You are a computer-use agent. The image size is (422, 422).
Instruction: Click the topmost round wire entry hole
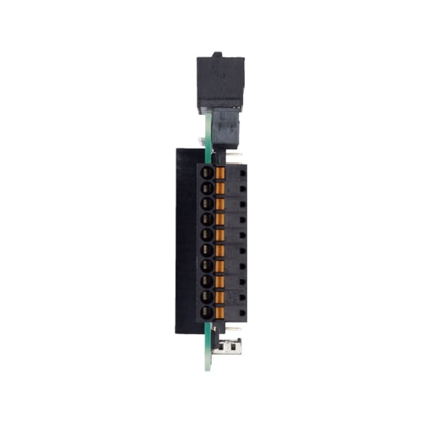pyautogui.click(x=207, y=171)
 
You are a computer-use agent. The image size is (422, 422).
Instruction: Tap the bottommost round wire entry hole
pyautogui.click(x=207, y=312)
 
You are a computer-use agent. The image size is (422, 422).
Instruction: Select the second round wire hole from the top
pyautogui.click(x=207, y=187)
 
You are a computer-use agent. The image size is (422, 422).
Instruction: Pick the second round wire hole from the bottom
pyautogui.click(x=207, y=297)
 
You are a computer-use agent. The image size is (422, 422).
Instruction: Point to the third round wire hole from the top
pyautogui.click(x=207, y=203)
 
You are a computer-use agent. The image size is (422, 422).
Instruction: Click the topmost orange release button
pyautogui.click(x=221, y=171)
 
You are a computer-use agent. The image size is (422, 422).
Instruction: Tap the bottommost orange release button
pyautogui.click(x=221, y=312)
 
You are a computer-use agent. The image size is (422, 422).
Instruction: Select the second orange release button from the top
pyautogui.click(x=221, y=187)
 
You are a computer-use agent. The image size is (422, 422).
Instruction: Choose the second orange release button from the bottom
pyautogui.click(x=221, y=297)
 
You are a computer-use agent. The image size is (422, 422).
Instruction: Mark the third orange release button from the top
pyautogui.click(x=221, y=203)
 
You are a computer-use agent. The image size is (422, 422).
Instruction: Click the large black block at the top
pyautogui.click(x=219, y=81)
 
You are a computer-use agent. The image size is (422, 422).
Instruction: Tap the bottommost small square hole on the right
pyautogui.click(x=242, y=312)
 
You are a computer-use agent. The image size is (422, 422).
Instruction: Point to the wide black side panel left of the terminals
pyautogui.click(x=186, y=241)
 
